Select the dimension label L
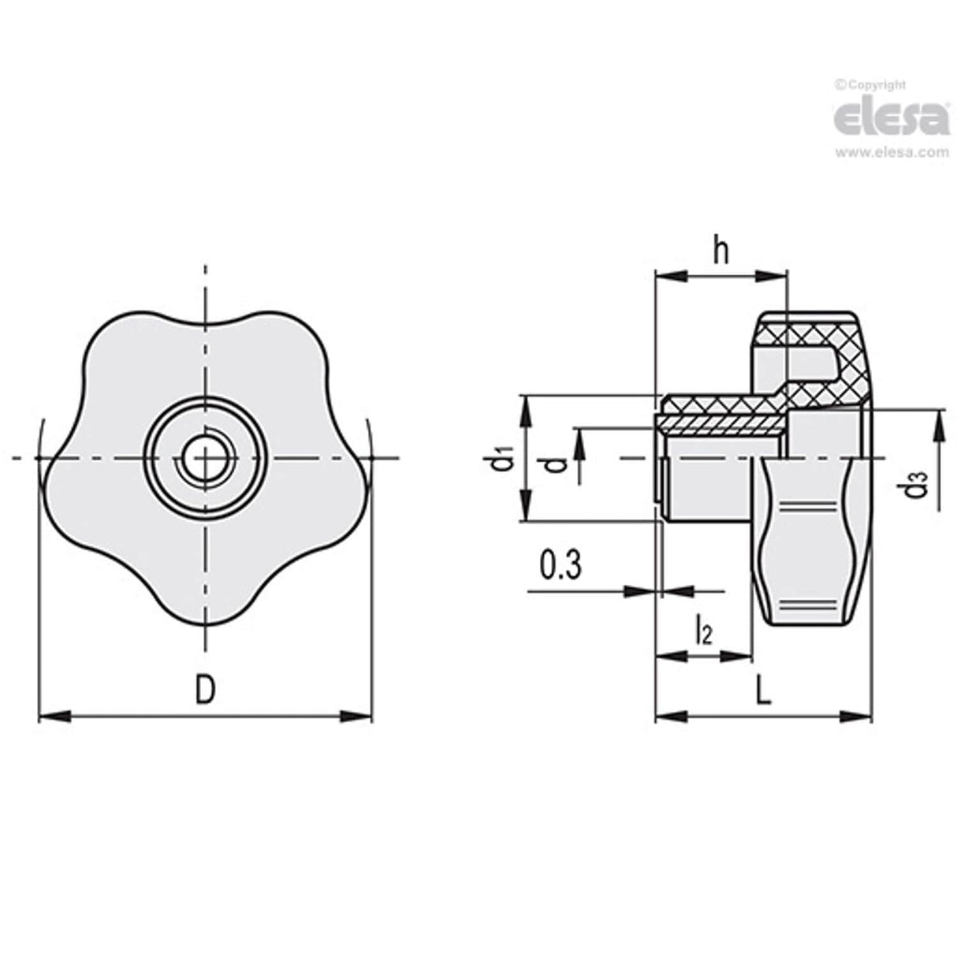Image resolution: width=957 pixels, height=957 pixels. point(762,691)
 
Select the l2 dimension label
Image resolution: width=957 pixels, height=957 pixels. point(703,631)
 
